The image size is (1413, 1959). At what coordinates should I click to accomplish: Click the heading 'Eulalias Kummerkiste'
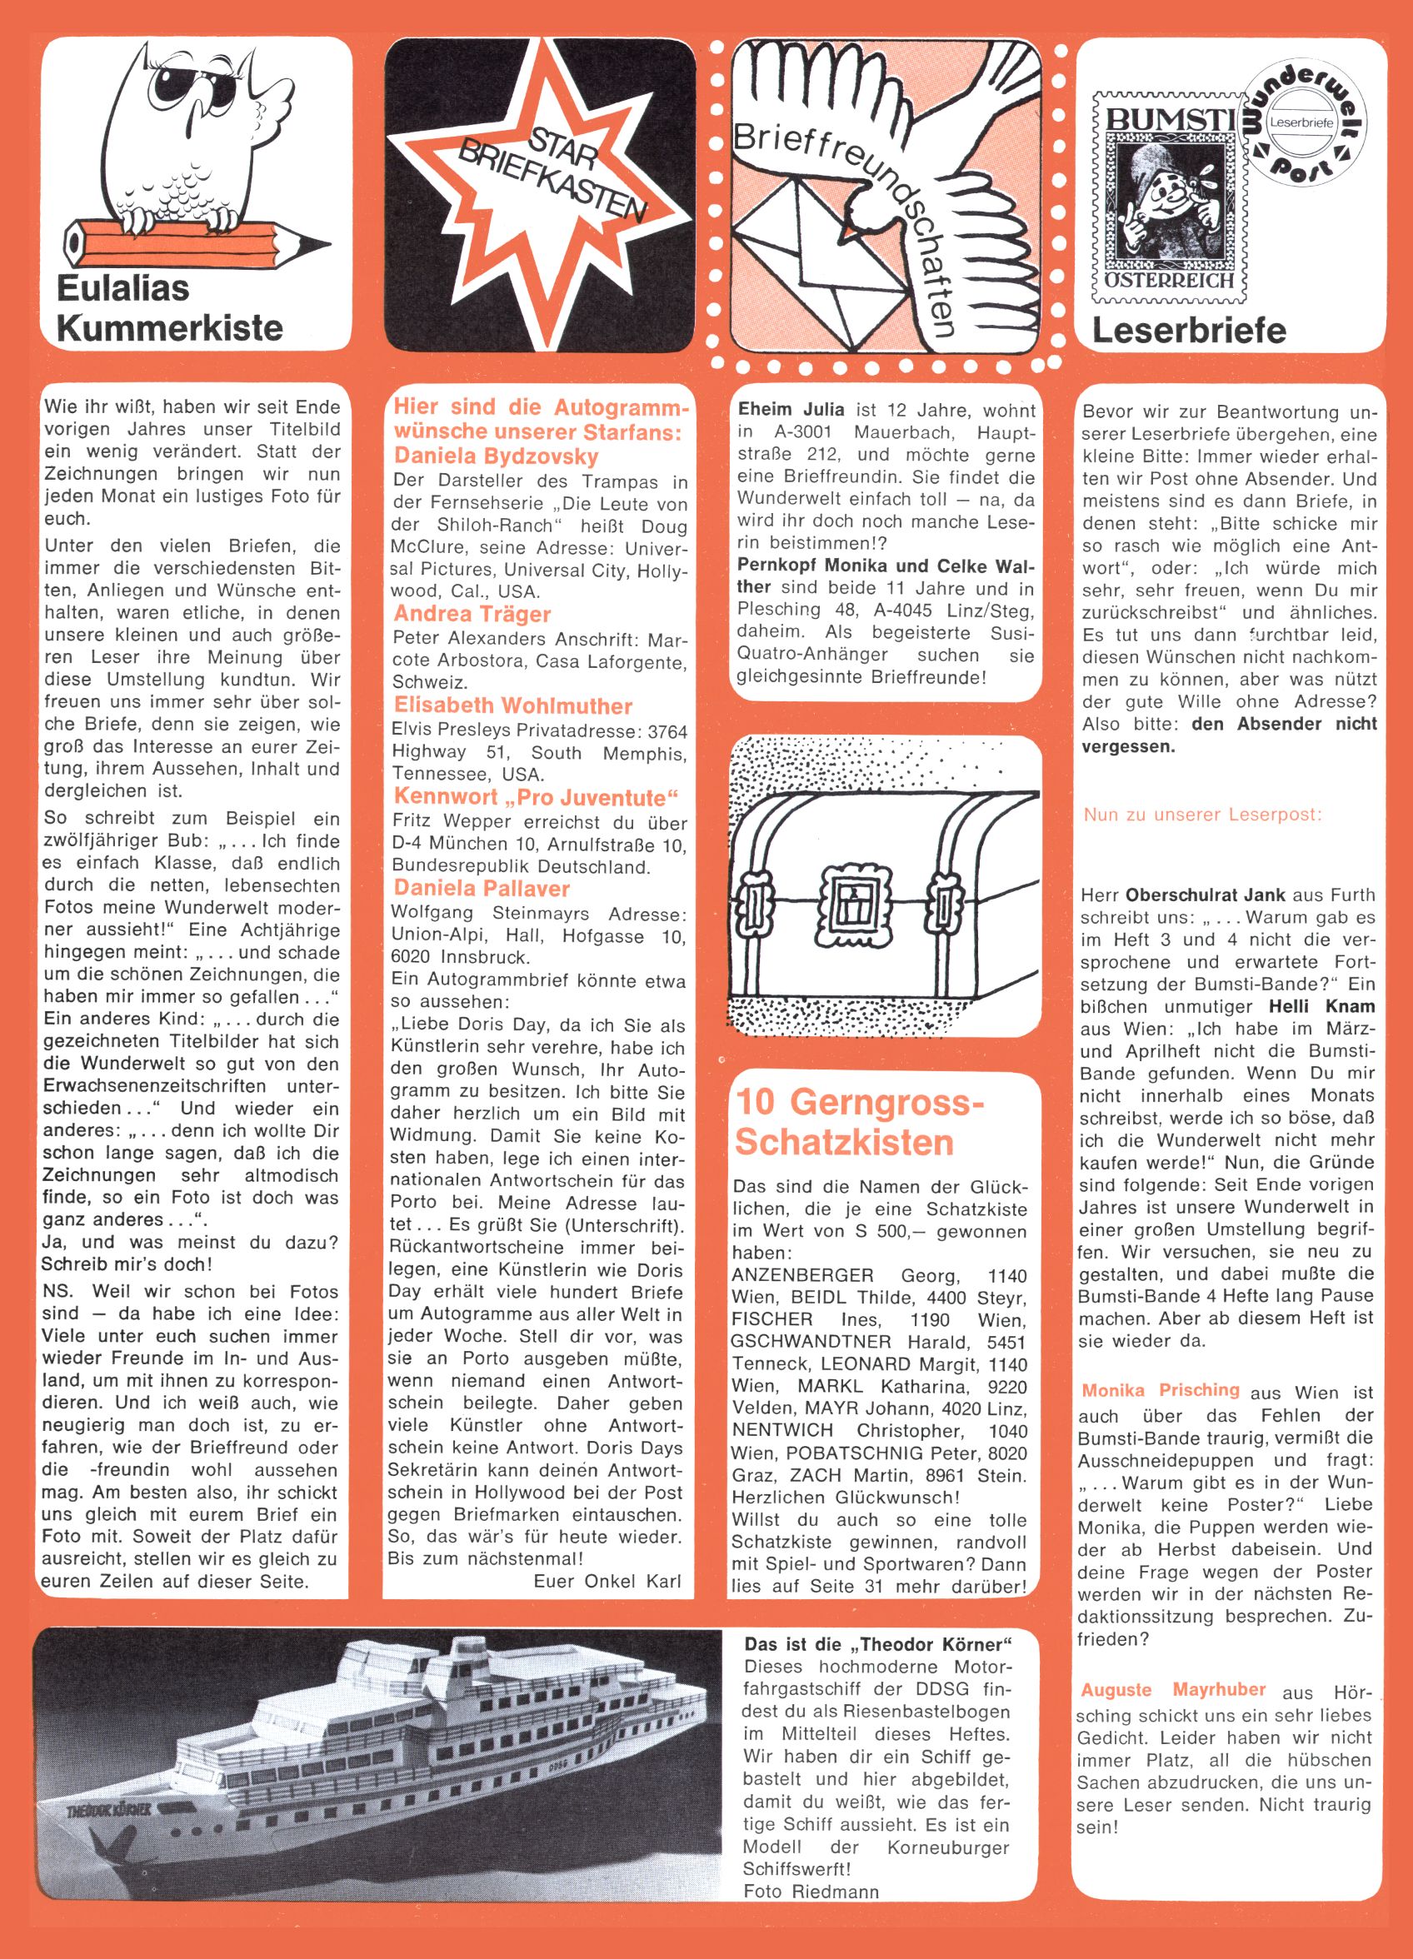coord(169,308)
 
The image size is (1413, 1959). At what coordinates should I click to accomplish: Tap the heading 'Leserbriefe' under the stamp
coord(1188,330)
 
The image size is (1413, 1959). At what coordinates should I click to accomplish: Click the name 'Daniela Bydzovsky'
coord(495,456)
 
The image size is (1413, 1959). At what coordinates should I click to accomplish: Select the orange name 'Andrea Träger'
coord(472,614)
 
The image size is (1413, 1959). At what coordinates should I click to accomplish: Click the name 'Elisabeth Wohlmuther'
coord(512,705)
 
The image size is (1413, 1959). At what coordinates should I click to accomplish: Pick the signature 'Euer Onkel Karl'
coord(607,1582)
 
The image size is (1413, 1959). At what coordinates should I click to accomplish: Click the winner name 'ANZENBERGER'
coord(803,1276)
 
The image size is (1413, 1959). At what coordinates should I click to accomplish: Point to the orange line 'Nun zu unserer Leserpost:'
coord(1201,815)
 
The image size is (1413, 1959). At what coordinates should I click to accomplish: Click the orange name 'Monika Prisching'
coord(1160,1390)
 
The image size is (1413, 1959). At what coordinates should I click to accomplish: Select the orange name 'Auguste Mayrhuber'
coord(1173,1689)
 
